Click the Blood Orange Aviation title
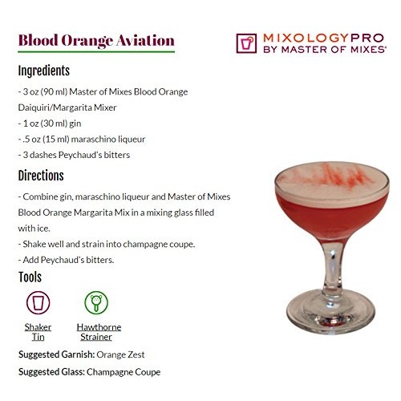click(96, 40)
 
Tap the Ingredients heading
click(44, 71)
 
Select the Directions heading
click(41, 176)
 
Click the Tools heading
click(30, 277)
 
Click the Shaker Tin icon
click(38, 302)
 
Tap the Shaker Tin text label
click(38, 331)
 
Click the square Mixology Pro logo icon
click(247, 43)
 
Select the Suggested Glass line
click(89, 371)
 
